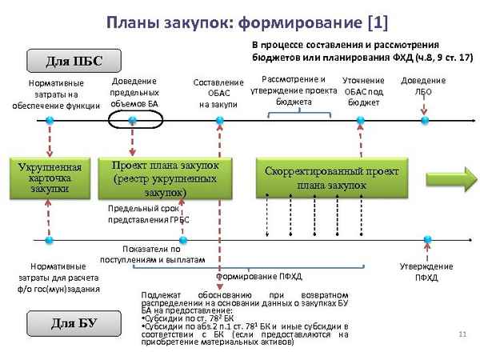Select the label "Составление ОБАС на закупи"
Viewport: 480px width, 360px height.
[x=218, y=93]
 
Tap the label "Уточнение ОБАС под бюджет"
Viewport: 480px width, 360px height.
[x=363, y=91]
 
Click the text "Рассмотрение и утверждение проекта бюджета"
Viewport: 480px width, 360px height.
[x=294, y=90]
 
